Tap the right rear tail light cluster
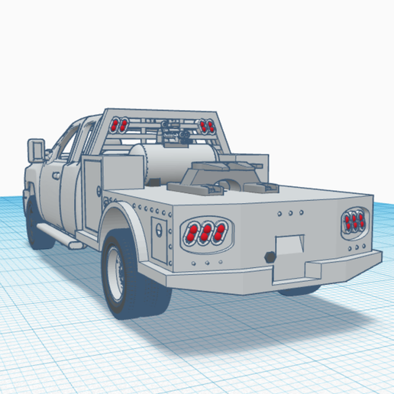click(x=354, y=221)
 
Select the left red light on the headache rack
click(x=118, y=124)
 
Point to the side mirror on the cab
click(x=35, y=148)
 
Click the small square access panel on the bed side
click(x=158, y=230)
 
